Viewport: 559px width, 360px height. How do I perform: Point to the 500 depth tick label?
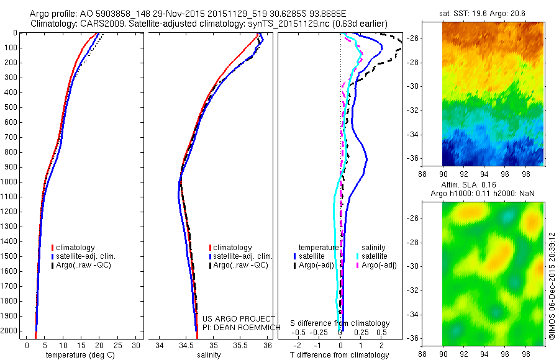(x=10, y=107)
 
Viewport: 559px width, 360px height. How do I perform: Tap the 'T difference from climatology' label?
(x=340, y=355)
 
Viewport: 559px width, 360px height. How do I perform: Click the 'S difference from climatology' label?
(x=340, y=324)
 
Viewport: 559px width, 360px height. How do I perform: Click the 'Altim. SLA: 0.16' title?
(x=477, y=185)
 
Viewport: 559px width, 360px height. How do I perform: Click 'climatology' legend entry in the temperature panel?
(x=75, y=248)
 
